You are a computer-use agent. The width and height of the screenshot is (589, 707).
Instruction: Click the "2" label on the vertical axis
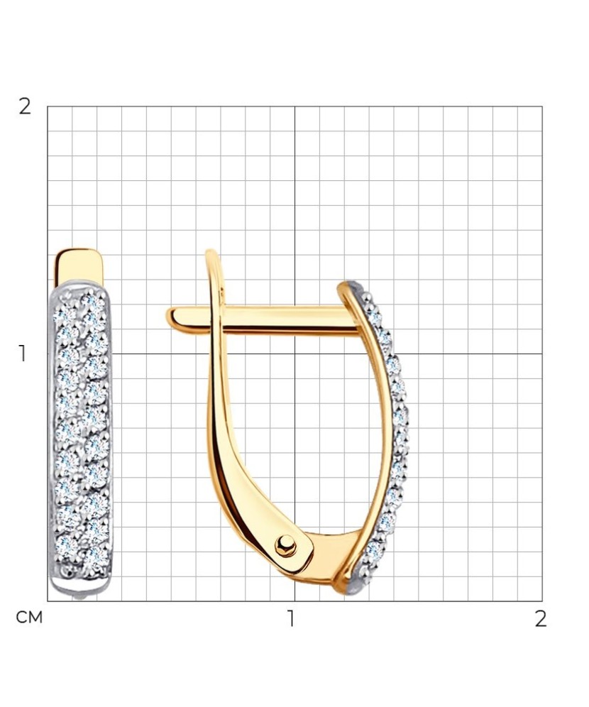pos(25,107)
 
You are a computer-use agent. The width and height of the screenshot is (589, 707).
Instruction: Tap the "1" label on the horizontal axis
pos(292,619)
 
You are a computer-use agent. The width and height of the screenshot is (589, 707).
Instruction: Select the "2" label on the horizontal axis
pos(541,619)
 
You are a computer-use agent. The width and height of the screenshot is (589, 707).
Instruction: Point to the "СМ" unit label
pos(29,618)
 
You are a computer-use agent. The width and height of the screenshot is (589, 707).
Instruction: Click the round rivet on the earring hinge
pos(285,546)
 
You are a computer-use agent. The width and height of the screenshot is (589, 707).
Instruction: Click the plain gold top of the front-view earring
pos(79,266)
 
